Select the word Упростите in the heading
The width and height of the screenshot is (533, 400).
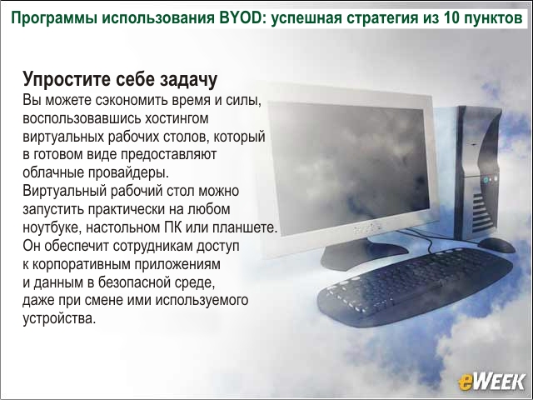pyautogui.click(x=67, y=80)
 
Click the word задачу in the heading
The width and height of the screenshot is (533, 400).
pyautogui.click(x=188, y=80)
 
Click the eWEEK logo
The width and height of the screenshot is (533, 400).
pyautogui.click(x=491, y=382)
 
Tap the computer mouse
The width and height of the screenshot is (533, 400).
pyautogui.click(x=496, y=244)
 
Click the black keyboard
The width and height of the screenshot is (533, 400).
pyautogui.click(x=415, y=287)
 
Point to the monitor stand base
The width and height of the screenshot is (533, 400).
pyautogui.click(x=364, y=256)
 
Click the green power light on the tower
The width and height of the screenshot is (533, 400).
pyautogui.click(x=486, y=179)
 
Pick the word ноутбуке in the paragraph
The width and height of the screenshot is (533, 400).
pyautogui.click(x=52, y=227)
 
